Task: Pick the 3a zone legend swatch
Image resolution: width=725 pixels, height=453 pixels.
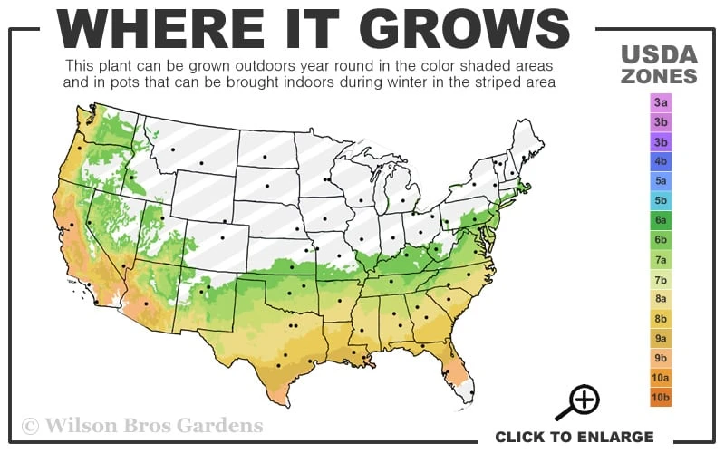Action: [661, 103]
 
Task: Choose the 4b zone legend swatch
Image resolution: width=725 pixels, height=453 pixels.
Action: [661, 161]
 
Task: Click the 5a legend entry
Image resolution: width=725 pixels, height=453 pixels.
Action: [661, 181]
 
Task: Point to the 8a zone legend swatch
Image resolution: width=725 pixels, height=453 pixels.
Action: [661, 299]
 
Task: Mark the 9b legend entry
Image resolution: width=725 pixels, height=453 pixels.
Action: [661, 358]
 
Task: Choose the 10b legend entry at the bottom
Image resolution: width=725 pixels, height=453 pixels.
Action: [661, 397]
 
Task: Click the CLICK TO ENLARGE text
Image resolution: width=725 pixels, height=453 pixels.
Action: [574, 437]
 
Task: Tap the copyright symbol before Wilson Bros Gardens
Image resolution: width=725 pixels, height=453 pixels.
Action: [30, 425]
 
